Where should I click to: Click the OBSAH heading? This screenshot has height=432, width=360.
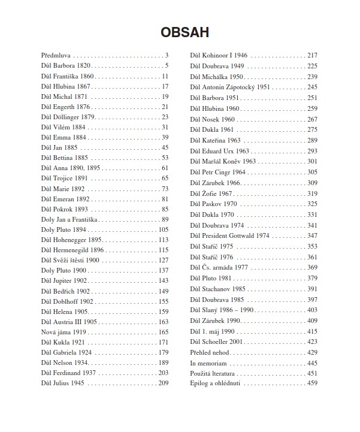(180, 32)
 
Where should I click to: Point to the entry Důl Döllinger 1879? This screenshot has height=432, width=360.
(68, 117)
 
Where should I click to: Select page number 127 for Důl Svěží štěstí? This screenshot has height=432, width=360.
(163, 261)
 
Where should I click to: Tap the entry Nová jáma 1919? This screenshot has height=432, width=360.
(63, 332)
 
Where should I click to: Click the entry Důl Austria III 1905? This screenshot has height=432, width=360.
(69, 322)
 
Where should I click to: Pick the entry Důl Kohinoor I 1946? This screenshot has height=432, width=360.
(219, 55)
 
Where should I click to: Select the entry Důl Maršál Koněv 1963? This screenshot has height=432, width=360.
(223, 162)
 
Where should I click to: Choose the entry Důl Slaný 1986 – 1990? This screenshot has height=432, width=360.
(222, 310)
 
